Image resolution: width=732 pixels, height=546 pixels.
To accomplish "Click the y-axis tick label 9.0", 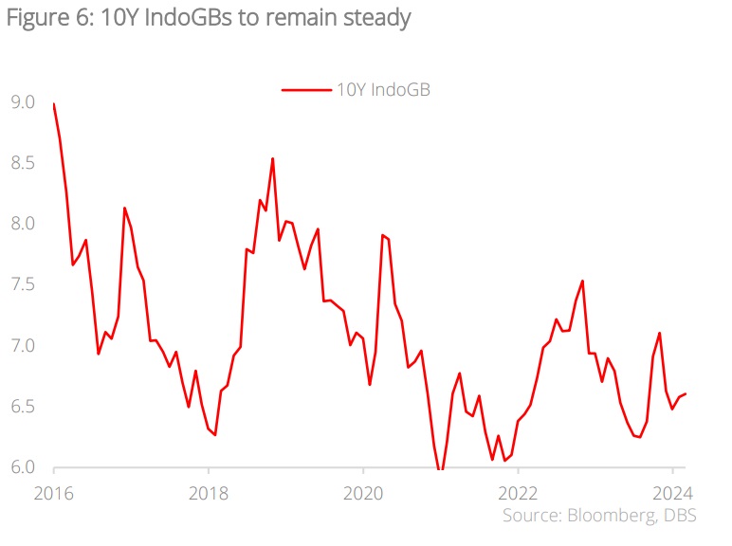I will click(23, 102).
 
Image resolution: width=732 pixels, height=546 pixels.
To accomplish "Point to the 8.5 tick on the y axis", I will click(23, 163).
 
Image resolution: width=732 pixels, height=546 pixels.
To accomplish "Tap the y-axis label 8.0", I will click(23, 224).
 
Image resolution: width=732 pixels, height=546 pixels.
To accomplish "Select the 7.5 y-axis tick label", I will click(23, 284).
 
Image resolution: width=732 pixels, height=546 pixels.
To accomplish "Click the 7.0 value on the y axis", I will click(23, 345).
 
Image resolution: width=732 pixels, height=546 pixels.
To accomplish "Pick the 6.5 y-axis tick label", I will click(23, 406).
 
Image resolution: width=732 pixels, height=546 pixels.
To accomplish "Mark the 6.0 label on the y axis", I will click(23, 466).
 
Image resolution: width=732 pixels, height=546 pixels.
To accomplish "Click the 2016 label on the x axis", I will click(54, 493).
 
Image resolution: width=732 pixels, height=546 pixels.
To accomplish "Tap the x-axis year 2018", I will click(209, 493).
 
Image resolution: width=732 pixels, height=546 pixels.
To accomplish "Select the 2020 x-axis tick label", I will click(363, 493).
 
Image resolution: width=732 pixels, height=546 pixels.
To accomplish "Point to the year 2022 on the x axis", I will click(518, 493).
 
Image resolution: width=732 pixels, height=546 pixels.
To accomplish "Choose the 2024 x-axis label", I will click(672, 493).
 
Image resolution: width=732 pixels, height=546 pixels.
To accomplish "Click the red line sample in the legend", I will click(304, 90).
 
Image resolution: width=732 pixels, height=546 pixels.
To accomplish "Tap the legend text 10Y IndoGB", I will click(384, 90).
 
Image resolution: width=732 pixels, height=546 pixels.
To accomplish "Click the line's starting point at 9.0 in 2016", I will click(54, 103).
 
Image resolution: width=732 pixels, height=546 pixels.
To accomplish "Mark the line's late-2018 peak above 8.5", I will click(273, 158).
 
